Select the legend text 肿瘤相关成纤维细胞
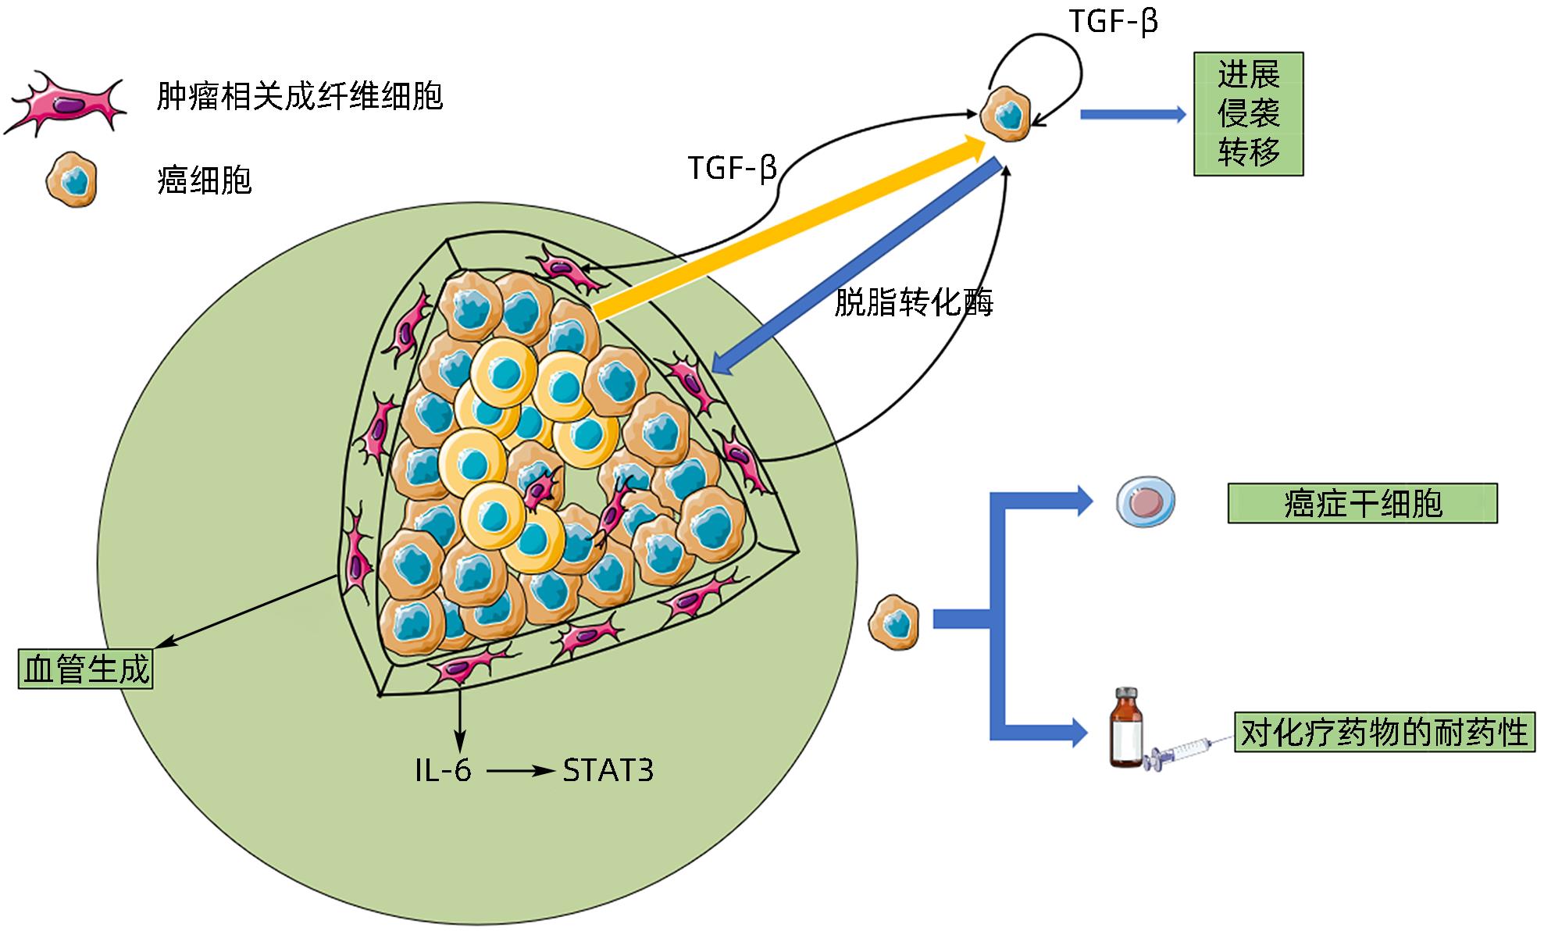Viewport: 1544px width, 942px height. [x=300, y=97]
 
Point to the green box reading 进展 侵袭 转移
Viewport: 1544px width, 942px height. [x=1248, y=114]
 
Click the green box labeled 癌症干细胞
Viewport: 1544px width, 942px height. [x=1362, y=503]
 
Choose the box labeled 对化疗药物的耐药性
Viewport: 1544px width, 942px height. [x=1384, y=732]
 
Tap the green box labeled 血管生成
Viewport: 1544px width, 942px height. [x=86, y=669]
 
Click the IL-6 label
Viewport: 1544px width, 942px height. [x=443, y=771]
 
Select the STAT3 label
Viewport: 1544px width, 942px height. [x=608, y=771]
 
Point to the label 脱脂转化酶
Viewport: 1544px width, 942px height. [x=914, y=302]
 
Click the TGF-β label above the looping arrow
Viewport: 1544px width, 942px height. [x=1112, y=21]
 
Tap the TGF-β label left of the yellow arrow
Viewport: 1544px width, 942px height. [x=732, y=168]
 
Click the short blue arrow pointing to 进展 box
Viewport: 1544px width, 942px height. [x=1132, y=115]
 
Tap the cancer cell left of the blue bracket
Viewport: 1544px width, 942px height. [x=895, y=621]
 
